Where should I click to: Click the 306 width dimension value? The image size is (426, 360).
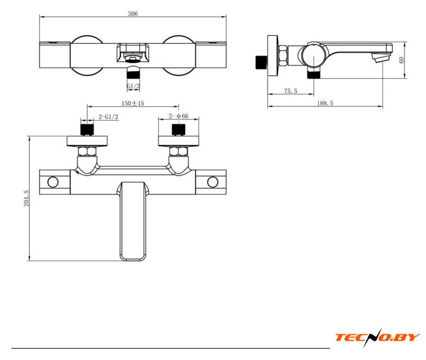point(133,13)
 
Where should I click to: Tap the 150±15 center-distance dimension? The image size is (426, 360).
point(133,103)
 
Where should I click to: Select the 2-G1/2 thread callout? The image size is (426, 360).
point(108,117)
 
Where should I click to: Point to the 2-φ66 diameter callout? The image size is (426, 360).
point(179,116)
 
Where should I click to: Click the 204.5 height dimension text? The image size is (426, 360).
point(26,198)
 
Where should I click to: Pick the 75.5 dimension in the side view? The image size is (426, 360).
point(291,91)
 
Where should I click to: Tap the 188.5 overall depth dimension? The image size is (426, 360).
point(325,103)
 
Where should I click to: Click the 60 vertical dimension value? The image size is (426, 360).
point(401,60)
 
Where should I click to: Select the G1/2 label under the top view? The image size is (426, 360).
point(133,86)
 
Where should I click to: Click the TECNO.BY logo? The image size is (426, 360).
point(377,337)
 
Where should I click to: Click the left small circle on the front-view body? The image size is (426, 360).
point(53,182)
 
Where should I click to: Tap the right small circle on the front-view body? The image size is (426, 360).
point(212,182)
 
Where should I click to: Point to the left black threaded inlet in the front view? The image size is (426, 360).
point(87,130)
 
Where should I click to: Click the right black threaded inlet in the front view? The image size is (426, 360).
point(179,130)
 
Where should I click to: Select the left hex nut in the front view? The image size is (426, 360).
point(87,151)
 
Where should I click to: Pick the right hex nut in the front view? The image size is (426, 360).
point(179,151)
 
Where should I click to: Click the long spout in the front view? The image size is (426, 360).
point(133,221)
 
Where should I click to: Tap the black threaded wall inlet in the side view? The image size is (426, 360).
point(261,62)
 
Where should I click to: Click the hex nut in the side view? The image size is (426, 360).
point(283,56)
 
